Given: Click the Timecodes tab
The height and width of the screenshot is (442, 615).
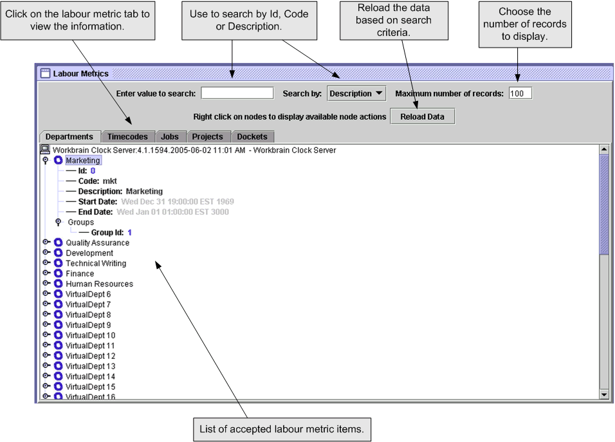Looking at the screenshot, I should coord(127,136).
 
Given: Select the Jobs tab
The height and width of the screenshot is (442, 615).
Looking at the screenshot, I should coord(170,136).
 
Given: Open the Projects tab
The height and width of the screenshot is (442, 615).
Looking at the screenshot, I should coord(207,136).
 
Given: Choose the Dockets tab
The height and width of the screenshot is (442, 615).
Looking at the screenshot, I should coord(252,136).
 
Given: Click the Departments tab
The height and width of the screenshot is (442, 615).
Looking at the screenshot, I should coord(69,136).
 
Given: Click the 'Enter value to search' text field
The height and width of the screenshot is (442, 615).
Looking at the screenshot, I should coord(237,93).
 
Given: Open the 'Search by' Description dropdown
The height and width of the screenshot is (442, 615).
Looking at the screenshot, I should coord(356,93).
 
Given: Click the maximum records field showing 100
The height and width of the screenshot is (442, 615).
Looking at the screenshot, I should coord(520,93).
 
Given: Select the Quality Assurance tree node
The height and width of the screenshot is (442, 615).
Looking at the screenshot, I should coord(97,243).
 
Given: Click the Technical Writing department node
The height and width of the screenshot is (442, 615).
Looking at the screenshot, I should coord(96,263).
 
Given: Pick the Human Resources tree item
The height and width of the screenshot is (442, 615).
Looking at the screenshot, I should coord(99,284).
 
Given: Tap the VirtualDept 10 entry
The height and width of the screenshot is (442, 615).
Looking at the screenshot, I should coord(90,335).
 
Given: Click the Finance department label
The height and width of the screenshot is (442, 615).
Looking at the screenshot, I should coord(80,273).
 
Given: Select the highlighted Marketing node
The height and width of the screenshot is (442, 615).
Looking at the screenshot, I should coord(83,160).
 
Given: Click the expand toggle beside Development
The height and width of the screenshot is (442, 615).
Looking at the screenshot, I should coord(46,253).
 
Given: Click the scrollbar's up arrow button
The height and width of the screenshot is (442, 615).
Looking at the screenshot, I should coord(603,149).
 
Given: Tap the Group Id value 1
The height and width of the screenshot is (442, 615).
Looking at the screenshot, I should coord(129,232).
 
